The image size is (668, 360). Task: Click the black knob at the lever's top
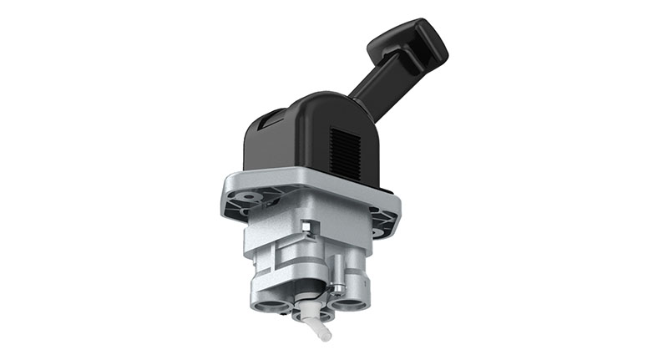[412, 39]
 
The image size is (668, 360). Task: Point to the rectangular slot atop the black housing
[271, 120]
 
